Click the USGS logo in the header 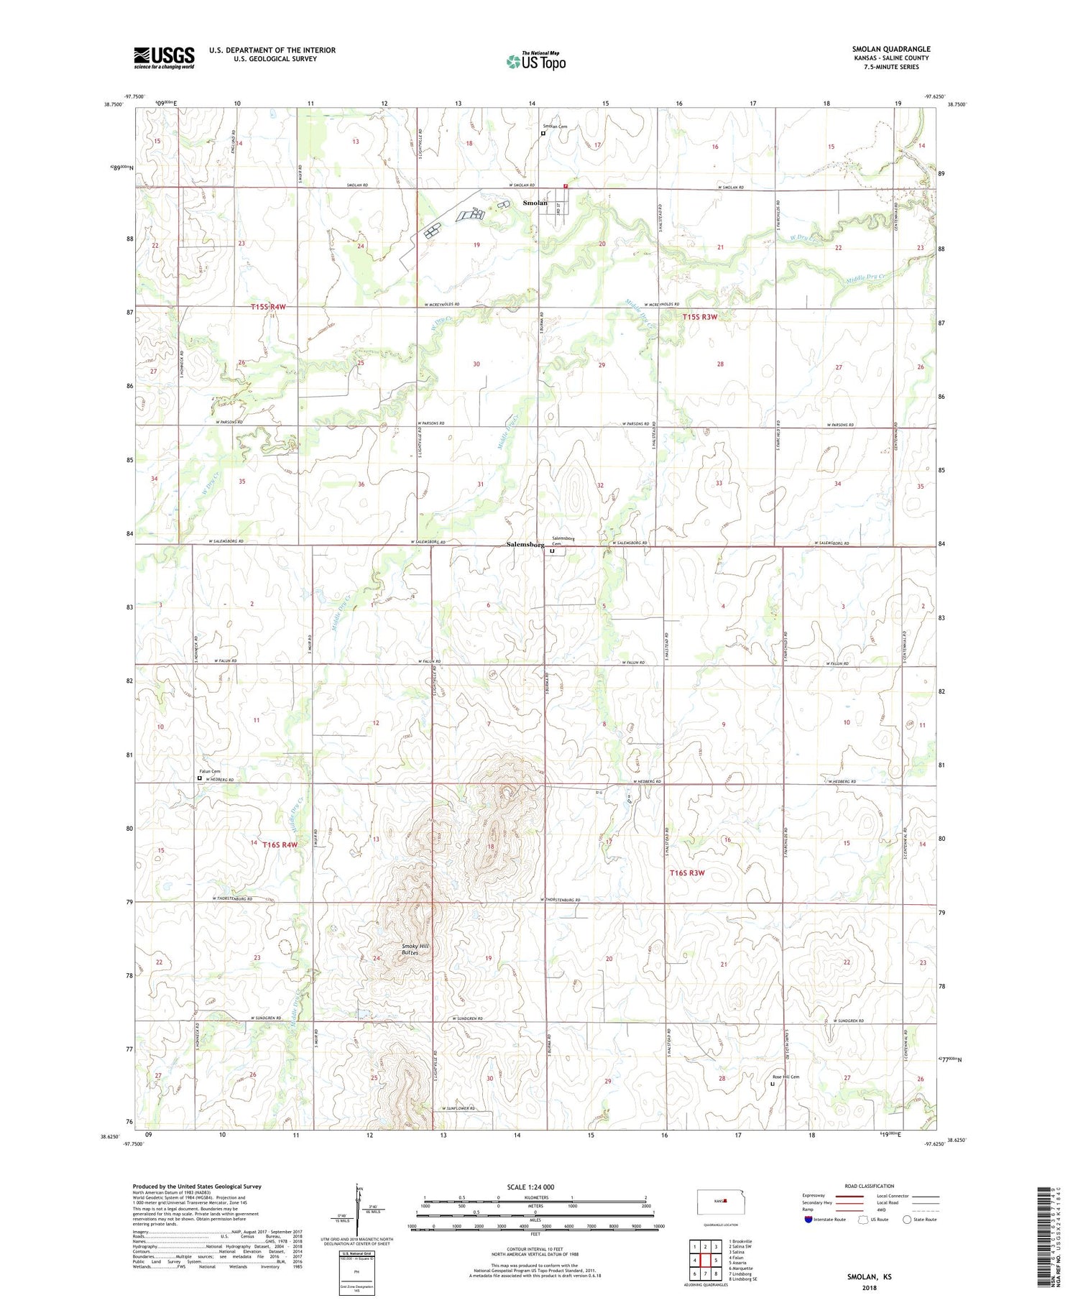click(x=164, y=57)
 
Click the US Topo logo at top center click(x=535, y=61)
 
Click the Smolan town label click(x=535, y=203)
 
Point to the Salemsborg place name click(x=525, y=545)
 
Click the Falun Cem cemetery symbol click(x=200, y=778)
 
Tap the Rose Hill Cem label click(x=786, y=1077)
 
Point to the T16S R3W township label click(x=687, y=873)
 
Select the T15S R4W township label click(x=268, y=307)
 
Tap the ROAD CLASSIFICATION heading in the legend click(x=870, y=1186)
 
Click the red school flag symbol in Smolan click(x=566, y=185)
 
